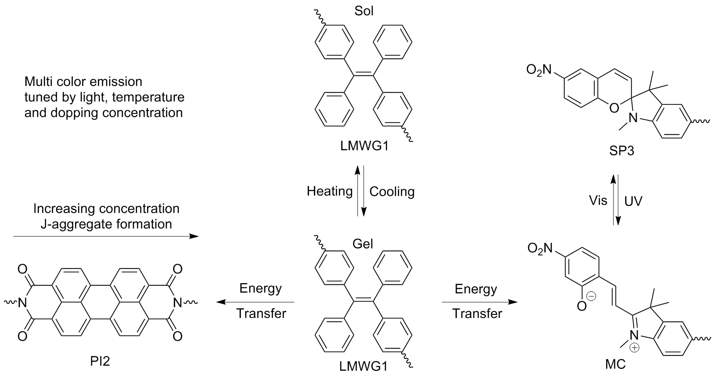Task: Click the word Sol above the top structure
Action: pos(364,10)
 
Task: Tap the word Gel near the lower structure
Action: pos(363,243)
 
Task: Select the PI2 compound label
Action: pos(100,361)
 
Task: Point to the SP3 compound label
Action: pos(622,151)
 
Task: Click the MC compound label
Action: pos(615,364)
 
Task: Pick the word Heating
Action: pos(330,191)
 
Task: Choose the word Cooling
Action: pos(392,191)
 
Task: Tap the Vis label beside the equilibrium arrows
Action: pos(598,200)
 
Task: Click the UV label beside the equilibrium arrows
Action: pos(633,201)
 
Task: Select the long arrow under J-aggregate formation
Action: pos(106,236)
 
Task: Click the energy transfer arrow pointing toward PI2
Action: pos(255,302)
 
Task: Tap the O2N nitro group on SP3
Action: pos(539,69)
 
